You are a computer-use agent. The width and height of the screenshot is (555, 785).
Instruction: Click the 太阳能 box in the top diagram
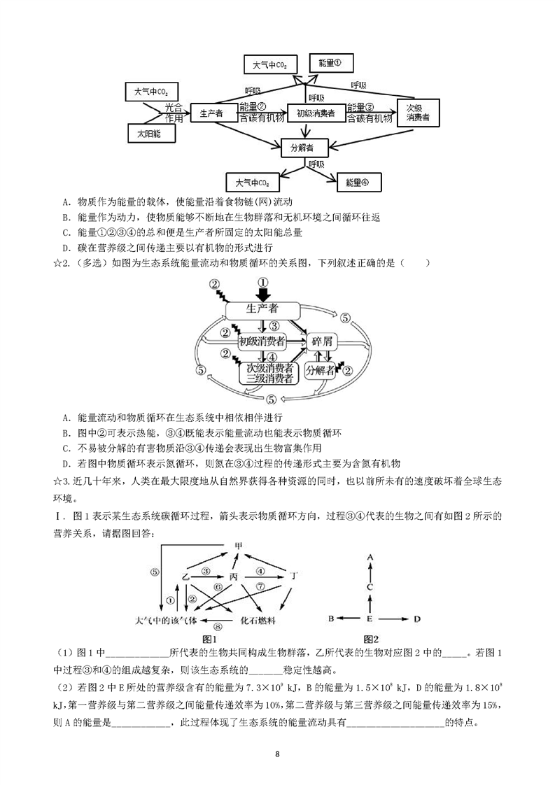150,134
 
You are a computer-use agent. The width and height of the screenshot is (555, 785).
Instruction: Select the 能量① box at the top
330,63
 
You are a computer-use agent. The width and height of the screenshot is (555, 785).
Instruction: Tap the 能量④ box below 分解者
358,183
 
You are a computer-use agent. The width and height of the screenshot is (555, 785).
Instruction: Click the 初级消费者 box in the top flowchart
316,113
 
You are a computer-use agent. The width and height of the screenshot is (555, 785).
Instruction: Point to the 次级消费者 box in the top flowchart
418,113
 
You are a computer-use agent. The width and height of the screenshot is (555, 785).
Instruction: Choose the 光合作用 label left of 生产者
174,113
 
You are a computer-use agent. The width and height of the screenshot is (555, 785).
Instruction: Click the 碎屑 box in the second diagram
321,342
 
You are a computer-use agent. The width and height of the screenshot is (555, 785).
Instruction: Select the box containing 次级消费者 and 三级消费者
269,374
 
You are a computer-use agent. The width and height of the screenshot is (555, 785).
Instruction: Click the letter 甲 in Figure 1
239,545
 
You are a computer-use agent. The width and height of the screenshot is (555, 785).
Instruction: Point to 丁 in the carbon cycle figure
295,577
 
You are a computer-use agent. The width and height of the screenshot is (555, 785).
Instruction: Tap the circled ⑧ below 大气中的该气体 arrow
218,626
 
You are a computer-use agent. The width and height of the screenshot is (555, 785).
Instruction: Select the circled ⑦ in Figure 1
260,586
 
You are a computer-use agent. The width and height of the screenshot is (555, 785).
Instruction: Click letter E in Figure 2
370,619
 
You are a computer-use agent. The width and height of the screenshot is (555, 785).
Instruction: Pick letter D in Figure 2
417,619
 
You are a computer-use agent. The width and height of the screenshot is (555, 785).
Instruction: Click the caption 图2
371,639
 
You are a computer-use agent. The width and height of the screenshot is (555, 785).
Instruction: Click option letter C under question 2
66,448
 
